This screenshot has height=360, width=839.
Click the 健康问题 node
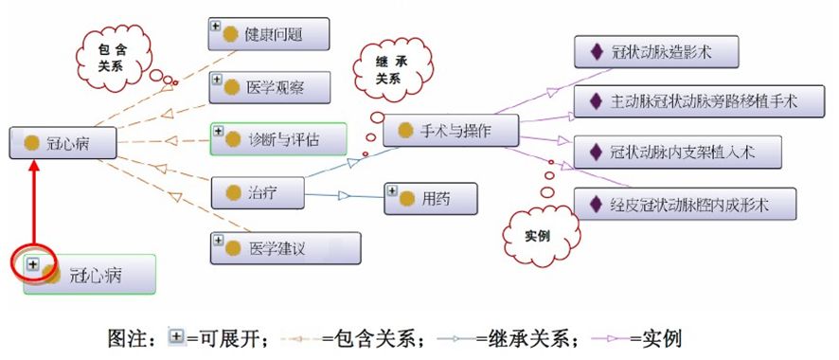click(x=269, y=35)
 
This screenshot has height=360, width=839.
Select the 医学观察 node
click(x=269, y=87)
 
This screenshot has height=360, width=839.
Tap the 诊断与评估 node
click(x=278, y=139)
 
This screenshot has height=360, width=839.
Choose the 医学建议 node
click(x=285, y=249)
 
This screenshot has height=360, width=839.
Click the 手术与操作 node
click(x=451, y=131)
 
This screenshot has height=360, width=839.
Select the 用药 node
click(x=430, y=198)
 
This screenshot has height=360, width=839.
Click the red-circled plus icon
click(x=33, y=264)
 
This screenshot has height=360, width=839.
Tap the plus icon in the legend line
click(x=175, y=336)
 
